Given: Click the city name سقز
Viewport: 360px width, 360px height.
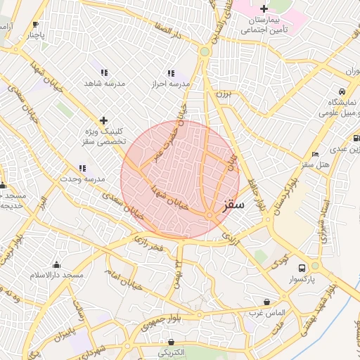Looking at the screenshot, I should click(232, 205).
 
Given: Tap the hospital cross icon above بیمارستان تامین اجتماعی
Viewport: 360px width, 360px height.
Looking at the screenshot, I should click(264, 8).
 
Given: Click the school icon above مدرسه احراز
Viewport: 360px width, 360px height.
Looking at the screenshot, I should click(170, 73).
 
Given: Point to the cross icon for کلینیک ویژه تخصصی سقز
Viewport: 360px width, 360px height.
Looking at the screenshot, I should click(104, 121).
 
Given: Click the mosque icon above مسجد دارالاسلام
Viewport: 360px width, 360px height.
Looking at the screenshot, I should click(56, 264).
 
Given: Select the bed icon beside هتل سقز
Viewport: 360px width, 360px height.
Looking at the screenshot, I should click(315, 154).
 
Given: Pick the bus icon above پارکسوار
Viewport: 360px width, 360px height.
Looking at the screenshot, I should click(302, 268).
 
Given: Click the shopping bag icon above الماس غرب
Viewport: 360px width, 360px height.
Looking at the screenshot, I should click(266, 301).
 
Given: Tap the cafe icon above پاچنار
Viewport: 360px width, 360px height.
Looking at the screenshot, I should click(36, 24).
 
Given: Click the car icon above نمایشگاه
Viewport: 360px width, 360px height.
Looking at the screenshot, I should click(342, 91).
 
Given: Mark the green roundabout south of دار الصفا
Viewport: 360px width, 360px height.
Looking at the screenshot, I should click(205, 51).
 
